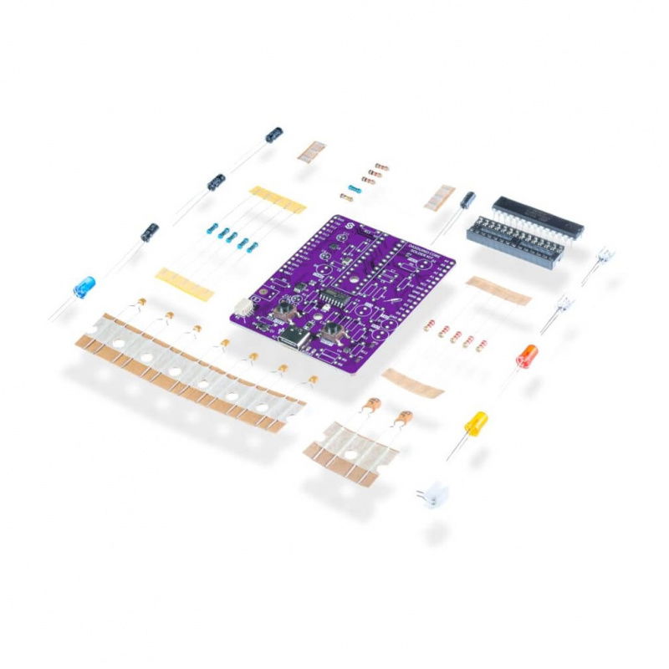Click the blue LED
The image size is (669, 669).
tap(84, 287)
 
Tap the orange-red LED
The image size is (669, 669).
tap(526, 356)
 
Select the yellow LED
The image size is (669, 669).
tap(476, 422)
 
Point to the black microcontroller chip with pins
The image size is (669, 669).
tap(538, 215)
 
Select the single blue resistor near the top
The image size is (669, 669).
tap(354, 189)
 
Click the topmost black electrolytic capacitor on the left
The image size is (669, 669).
tap(273, 135)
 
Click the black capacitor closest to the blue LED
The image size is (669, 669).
tap(151, 231)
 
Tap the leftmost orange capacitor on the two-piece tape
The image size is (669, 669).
tap(371, 405)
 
